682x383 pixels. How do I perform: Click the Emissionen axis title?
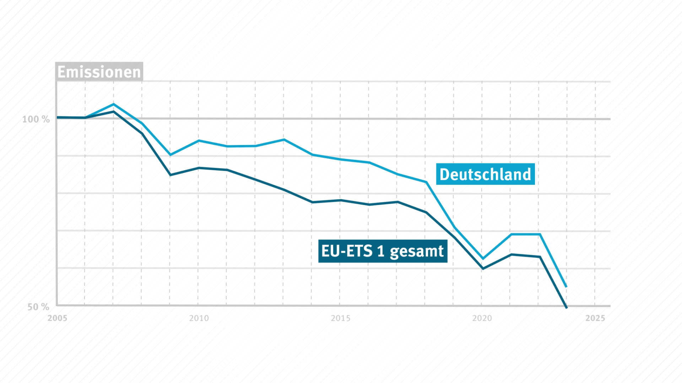[x=99, y=72]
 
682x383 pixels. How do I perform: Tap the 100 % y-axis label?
[x=36, y=120]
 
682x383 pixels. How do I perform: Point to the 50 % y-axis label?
[x=38, y=307]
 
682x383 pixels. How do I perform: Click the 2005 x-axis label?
[x=57, y=318]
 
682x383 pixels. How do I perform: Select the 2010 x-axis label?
[x=199, y=318]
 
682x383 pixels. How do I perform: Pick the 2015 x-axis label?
[x=340, y=318]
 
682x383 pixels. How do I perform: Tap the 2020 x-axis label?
[x=482, y=318]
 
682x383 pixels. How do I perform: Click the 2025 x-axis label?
[x=595, y=318]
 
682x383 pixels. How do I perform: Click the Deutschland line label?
[x=485, y=174]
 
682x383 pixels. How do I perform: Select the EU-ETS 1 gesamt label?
[x=383, y=251]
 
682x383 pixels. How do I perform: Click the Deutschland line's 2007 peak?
[x=113, y=104]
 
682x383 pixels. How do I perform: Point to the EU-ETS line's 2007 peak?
[x=113, y=111]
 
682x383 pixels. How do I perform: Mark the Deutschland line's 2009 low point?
[x=170, y=155]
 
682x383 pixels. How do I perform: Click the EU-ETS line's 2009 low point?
[x=170, y=175]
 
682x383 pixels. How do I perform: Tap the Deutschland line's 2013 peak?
[x=283, y=139]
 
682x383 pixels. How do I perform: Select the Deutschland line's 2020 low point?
[x=482, y=259]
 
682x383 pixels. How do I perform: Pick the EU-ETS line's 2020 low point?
[x=482, y=269]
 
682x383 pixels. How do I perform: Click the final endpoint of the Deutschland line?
[x=567, y=287]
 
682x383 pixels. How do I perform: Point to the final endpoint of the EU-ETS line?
[x=567, y=307]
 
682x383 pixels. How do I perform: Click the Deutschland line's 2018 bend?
[x=426, y=182]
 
